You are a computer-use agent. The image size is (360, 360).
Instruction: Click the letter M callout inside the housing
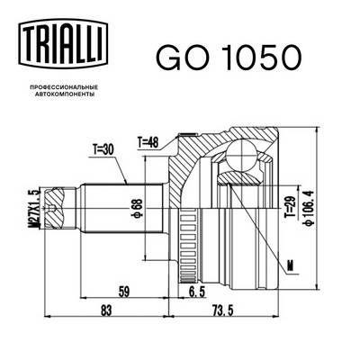click(x=287, y=265)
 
